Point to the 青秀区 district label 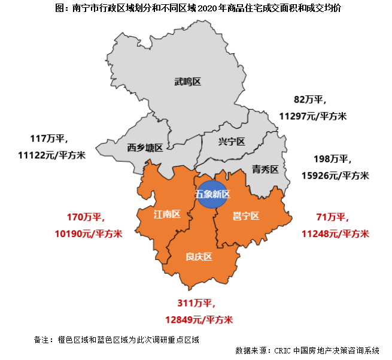[265, 170]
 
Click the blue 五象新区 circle [212, 194]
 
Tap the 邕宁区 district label [245, 216]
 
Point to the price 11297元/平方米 [313, 116]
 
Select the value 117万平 [50, 139]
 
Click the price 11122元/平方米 [52, 155]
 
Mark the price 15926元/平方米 [335, 176]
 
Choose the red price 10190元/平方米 [89, 233]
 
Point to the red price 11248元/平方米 [335, 233]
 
